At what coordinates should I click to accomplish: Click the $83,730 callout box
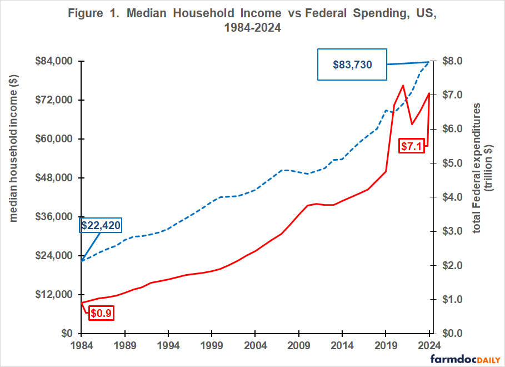click(352, 65)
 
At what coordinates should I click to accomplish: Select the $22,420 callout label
click(101, 225)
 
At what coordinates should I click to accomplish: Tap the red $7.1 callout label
click(412, 146)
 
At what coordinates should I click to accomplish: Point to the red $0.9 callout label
click(102, 313)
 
